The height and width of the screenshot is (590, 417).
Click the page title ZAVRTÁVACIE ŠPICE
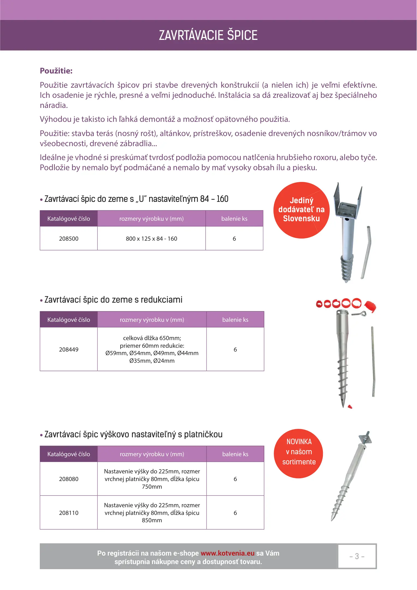pos(208,35)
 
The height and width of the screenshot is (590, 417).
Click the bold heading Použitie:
pos(56,71)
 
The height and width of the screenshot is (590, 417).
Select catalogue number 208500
pos(69,238)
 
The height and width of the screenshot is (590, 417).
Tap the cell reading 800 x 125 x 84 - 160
pos(151,238)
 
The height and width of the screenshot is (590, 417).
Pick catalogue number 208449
pos(69,349)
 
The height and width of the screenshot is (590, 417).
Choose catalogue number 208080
pos(69,479)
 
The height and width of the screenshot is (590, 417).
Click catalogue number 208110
pos(69,513)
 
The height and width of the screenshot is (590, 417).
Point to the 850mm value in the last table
pos(152,520)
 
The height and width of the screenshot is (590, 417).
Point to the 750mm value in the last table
pos(152,486)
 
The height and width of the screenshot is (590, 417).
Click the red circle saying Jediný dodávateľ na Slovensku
pos(301,210)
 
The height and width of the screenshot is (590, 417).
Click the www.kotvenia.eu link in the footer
pos(227,553)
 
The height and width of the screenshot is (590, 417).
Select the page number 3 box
pos(357,556)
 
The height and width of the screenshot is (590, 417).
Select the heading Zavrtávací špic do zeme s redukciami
pos(113,300)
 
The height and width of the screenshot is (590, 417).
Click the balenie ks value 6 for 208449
pos(235,349)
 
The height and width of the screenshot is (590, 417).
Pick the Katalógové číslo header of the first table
pos(69,219)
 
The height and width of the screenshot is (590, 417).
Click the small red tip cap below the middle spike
pos(350,407)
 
